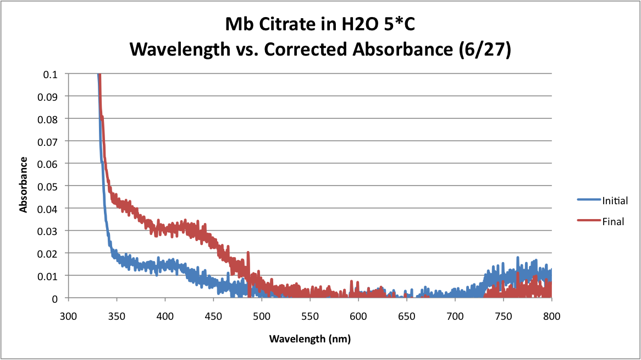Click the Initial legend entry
(603, 200)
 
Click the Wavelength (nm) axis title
(310, 339)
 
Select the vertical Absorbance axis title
(24, 184)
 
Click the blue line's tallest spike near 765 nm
(517, 258)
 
